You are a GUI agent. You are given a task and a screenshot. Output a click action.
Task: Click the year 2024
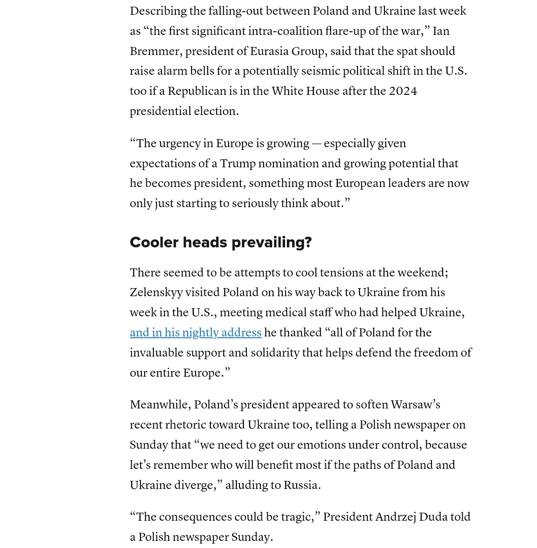403,91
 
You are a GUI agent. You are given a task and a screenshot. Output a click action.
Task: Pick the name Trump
237,164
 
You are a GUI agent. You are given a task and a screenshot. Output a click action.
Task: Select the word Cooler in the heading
154,242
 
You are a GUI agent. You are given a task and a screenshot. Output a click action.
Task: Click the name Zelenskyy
156,293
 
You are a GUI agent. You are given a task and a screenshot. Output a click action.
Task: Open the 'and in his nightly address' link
196,333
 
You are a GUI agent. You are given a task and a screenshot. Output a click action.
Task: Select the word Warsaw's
415,405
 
